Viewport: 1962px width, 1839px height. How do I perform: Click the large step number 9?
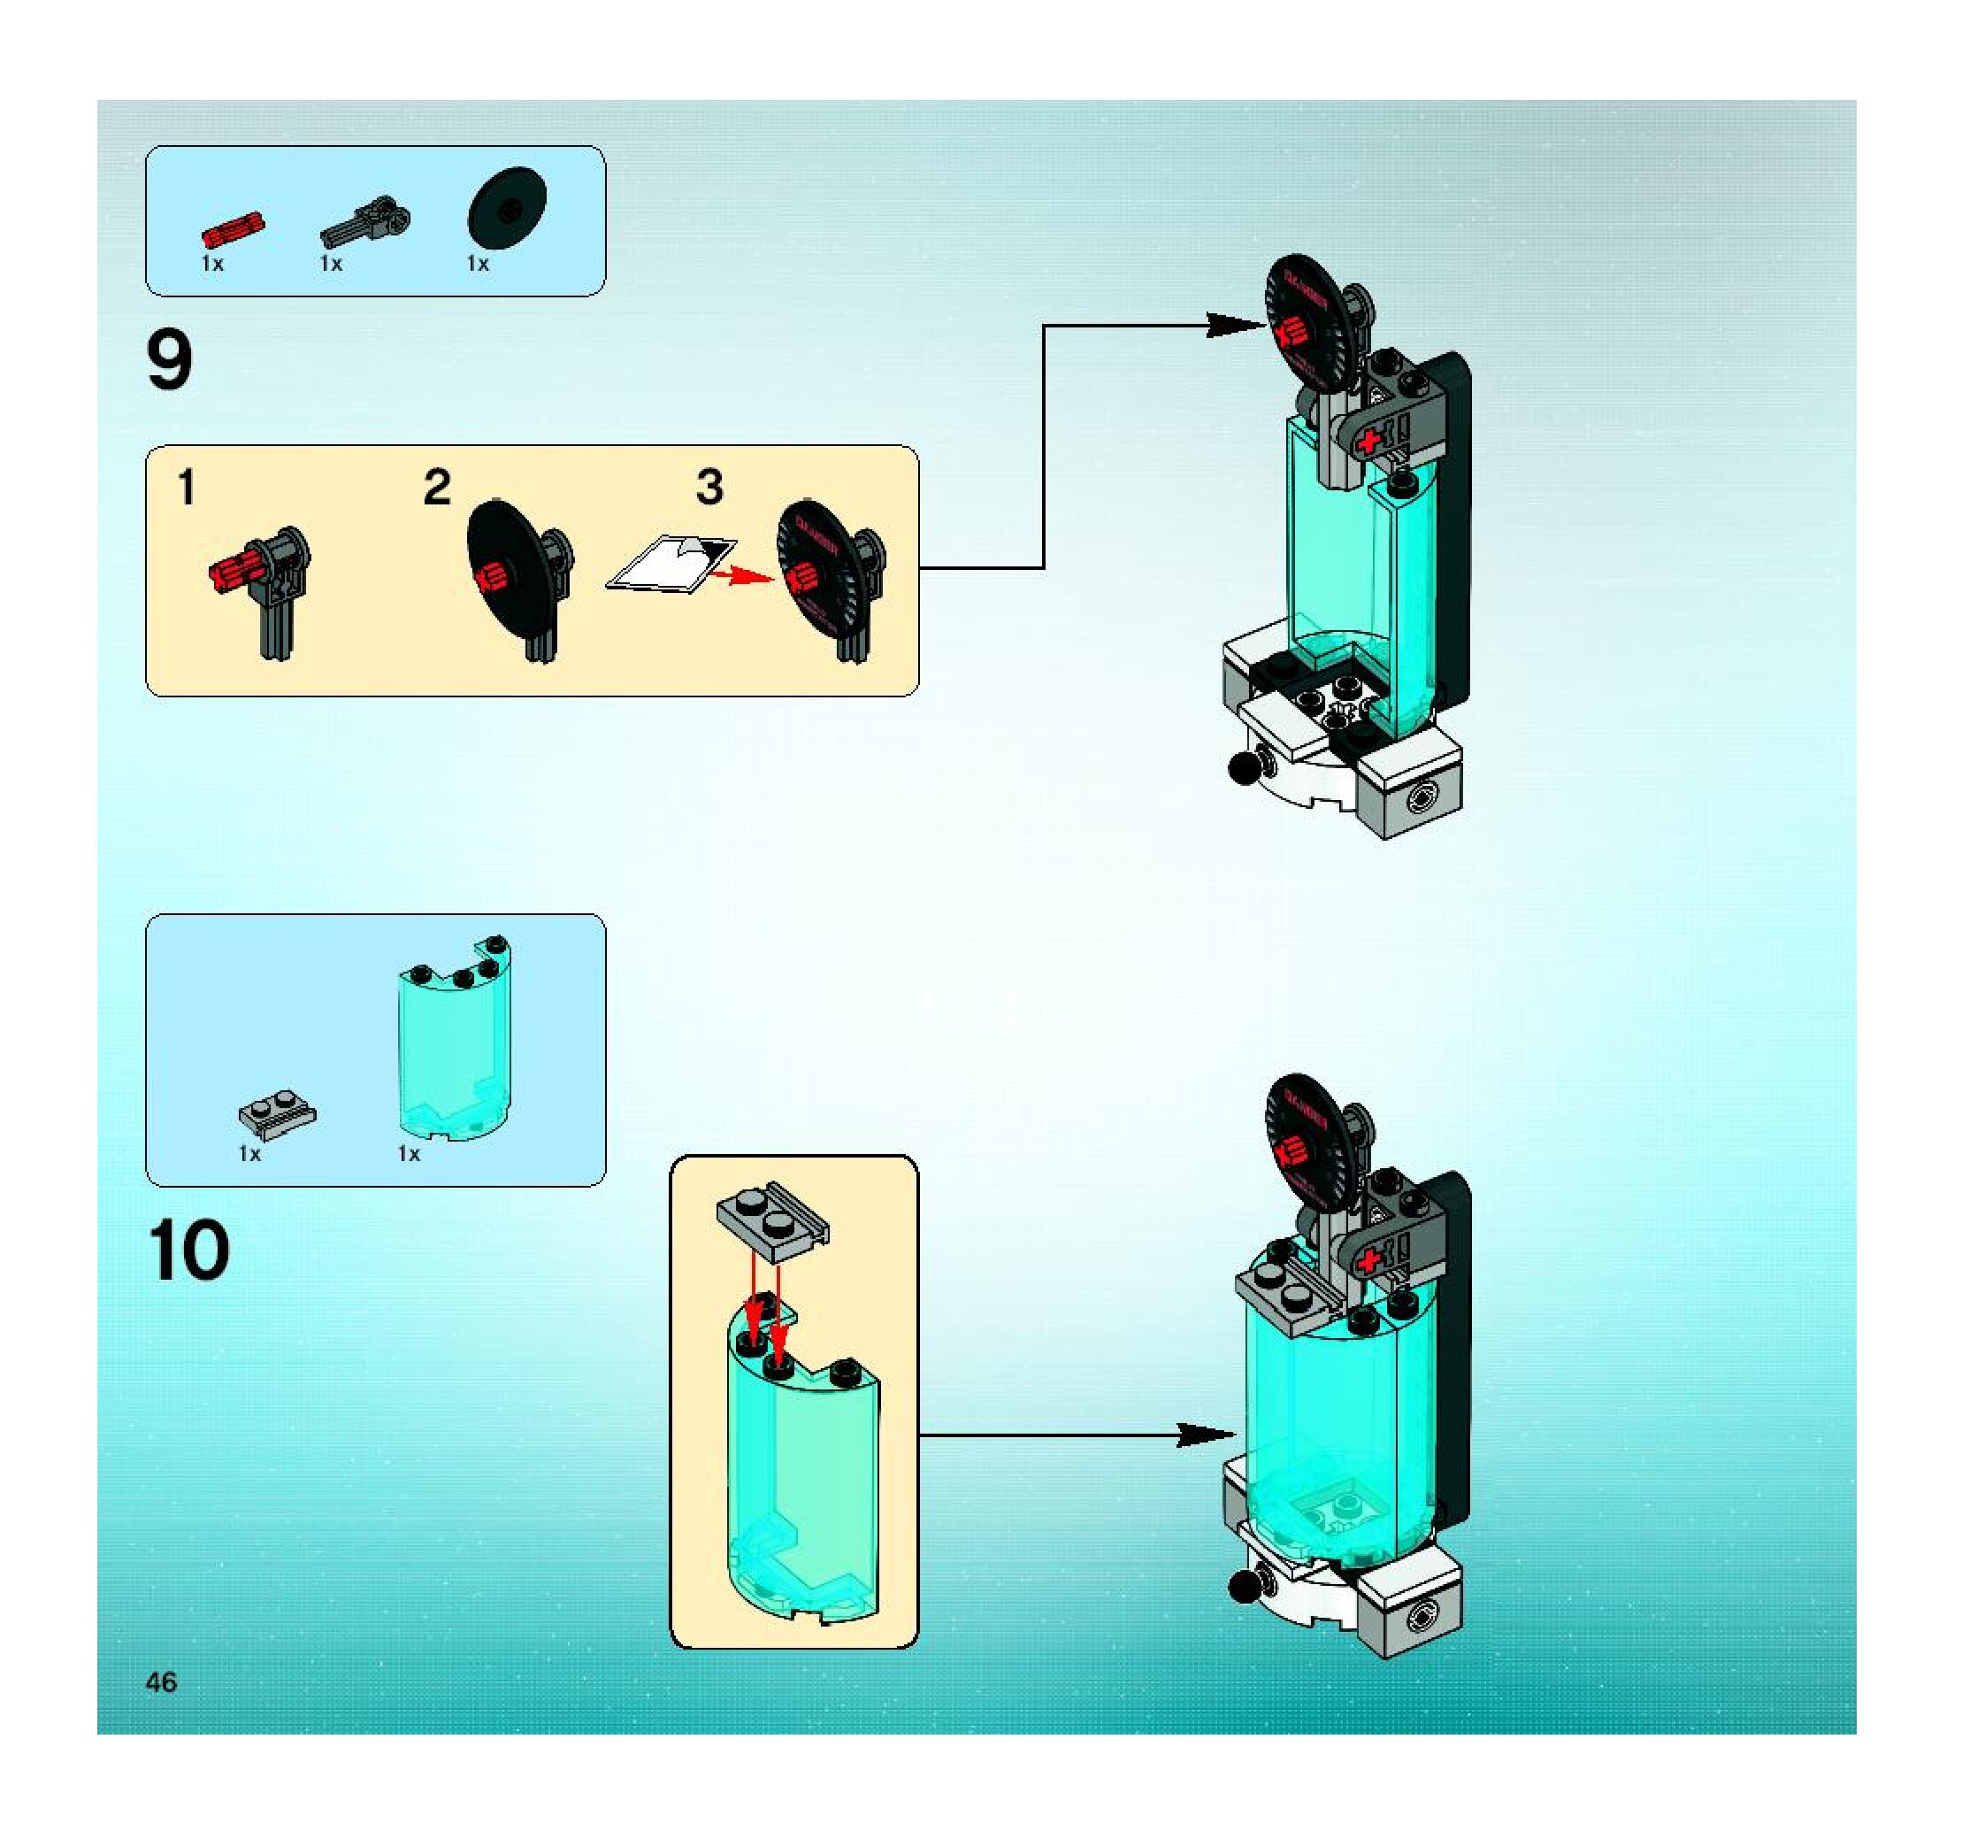[169, 361]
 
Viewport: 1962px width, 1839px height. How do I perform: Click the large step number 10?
[189, 1250]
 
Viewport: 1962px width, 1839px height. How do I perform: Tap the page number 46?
[161, 1682]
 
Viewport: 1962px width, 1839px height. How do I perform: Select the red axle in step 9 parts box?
[233, 230]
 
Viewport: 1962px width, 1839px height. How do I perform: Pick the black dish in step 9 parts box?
[506, 208]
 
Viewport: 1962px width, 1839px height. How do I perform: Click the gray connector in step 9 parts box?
[366, 223]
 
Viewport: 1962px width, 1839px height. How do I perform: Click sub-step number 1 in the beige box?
[187, 488]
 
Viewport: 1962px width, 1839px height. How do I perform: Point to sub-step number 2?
[437, 488]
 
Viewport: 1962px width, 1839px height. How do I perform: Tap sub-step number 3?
[709, 487]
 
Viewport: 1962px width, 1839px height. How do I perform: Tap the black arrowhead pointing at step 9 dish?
[1234, 325]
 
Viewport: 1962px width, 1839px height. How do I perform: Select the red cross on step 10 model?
[1368, 1260]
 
